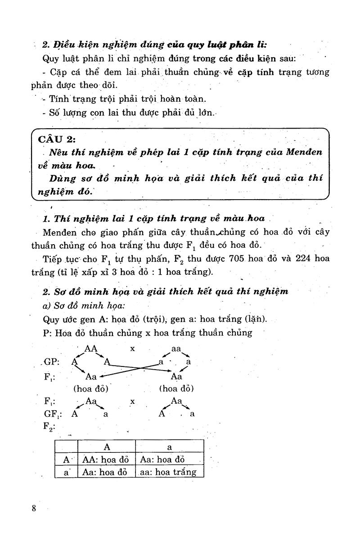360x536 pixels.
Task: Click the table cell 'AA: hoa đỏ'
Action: (x=106, y=460)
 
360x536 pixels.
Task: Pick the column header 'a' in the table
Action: (x=169, y=447)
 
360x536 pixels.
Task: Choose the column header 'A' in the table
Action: (x=107, y=447)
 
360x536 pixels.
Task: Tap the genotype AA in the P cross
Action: (x=91, y=348)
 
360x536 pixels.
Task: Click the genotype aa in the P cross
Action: (x=176, y=348)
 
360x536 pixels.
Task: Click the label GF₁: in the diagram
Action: (x=54, y=414)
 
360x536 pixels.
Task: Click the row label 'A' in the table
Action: (x=66, y=460)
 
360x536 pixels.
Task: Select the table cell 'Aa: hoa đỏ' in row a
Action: (x=106, y=472)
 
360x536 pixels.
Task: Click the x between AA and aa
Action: (x=133, y=348)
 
